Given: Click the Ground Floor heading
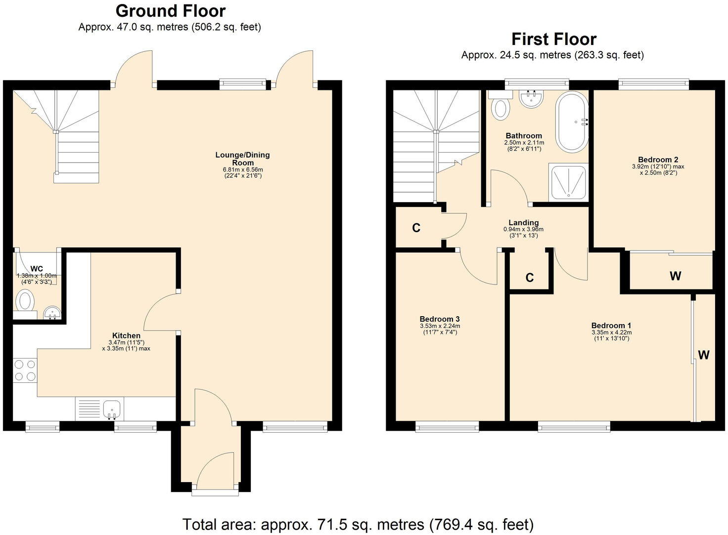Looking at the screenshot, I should tap(170, 11).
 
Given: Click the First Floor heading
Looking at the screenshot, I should tap(553, 39).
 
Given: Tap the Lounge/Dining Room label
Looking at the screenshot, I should tap(242, 159).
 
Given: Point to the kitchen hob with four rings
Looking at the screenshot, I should tap(25, 370).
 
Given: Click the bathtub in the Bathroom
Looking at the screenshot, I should tap(572, 122).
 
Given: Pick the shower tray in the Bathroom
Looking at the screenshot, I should tap(568, 182).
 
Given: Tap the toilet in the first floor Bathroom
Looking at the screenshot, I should tap(501, 107).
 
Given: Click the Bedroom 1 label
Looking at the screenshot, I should tap(611, 326).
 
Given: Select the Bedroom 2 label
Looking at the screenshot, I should tap(658, 160).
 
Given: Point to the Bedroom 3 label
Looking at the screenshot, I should tap(440, 319).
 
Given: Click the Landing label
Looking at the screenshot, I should tap(523, 223).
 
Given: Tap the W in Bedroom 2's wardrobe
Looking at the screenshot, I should tap(675, 276).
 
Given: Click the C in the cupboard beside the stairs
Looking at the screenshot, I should tap(416, 228).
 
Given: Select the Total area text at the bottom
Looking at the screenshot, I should tap(358, 524).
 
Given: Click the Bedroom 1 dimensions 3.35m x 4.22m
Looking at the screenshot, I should tap(611, 332).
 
